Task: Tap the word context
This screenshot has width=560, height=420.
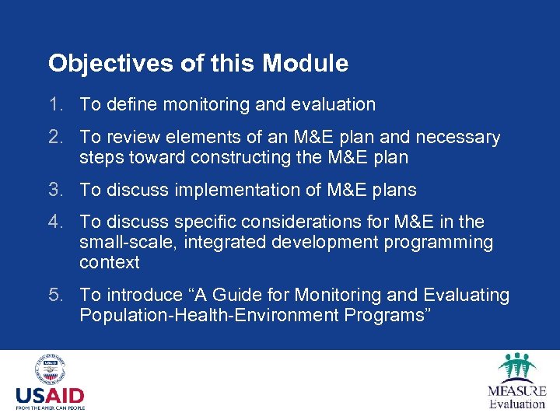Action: point(109,262)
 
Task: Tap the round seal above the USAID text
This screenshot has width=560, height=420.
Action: point(50,370)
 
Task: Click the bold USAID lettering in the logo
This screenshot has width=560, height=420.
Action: point(50,397)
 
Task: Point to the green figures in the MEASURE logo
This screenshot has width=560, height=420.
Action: point(517,366)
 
